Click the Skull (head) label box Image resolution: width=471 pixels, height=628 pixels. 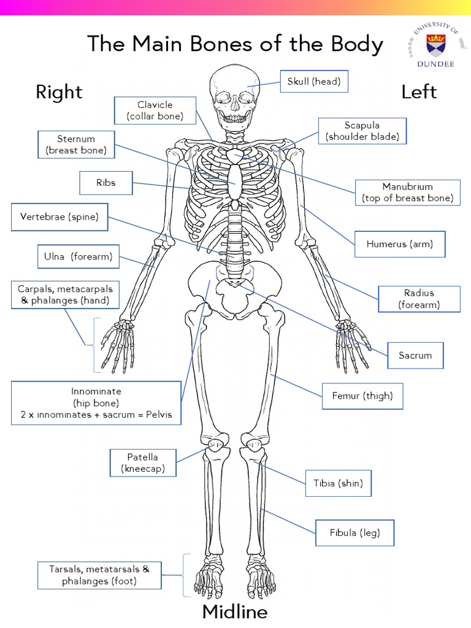[x=314, y=82]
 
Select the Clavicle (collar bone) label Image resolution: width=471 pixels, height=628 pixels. [x=155, y=111]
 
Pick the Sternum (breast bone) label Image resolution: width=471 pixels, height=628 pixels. [x=75, y=145]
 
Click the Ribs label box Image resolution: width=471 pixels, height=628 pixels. [x=105, y=183]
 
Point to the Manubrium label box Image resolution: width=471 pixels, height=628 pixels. [x=407, y=193]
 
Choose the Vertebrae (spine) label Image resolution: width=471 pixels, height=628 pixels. [x=59, y=217]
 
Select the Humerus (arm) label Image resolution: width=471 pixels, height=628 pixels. [x=399, y=244]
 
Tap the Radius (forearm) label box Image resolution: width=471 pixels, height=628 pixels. [x=419, y=299]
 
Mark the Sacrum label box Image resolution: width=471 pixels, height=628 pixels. [x=415, y=356]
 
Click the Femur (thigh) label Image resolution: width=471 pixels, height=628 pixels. [x=362, y=396]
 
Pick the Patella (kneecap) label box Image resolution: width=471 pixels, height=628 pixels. [x=142, y=463]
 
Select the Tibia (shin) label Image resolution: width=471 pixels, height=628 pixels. [x=338, y=483]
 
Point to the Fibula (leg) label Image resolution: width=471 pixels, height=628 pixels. [x=354, y=533]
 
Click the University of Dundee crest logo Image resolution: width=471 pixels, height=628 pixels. [x=436, y=44]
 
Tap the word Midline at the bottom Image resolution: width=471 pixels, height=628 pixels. [x=235, y=612]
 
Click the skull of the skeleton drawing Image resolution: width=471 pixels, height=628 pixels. [x=234, y=95]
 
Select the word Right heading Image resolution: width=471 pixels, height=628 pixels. [x=59, y=92]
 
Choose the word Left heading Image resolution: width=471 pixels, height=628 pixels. [x=419, y=92]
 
